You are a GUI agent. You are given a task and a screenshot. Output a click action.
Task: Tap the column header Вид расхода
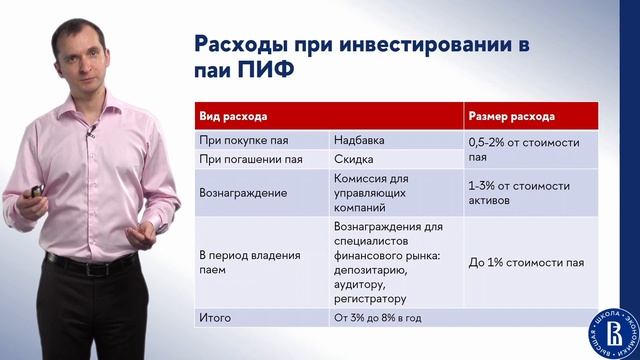coord(229,117)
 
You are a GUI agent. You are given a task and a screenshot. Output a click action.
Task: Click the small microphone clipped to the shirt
coord(91,137)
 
